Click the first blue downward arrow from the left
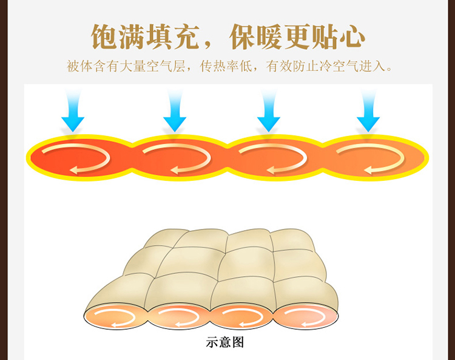72,112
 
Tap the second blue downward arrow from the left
174,112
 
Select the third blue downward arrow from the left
268,112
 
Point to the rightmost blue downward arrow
368,112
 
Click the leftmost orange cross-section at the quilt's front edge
115,316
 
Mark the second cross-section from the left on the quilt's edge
179,316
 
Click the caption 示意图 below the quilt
225,342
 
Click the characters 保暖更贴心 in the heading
297,37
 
